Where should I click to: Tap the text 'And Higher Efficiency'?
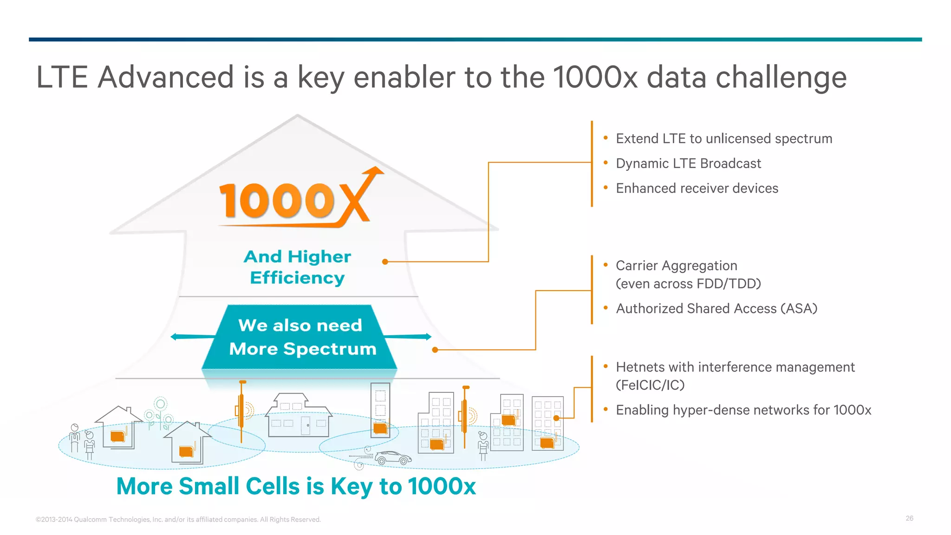297,267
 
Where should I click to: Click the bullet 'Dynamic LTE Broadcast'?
688,163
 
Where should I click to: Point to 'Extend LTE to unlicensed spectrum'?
723,138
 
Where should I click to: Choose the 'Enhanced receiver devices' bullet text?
697,188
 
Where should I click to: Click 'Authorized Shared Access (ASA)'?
716,308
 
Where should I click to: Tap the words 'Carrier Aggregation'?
676,266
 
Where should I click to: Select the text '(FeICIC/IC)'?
650,385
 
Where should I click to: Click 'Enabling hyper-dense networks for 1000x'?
743,410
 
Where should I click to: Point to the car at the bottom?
393,458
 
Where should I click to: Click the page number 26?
909,518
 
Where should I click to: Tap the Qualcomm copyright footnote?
178,519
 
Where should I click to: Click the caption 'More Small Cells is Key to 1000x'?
296,486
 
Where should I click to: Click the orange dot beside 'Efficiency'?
385,262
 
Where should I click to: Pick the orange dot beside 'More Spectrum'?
435,350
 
